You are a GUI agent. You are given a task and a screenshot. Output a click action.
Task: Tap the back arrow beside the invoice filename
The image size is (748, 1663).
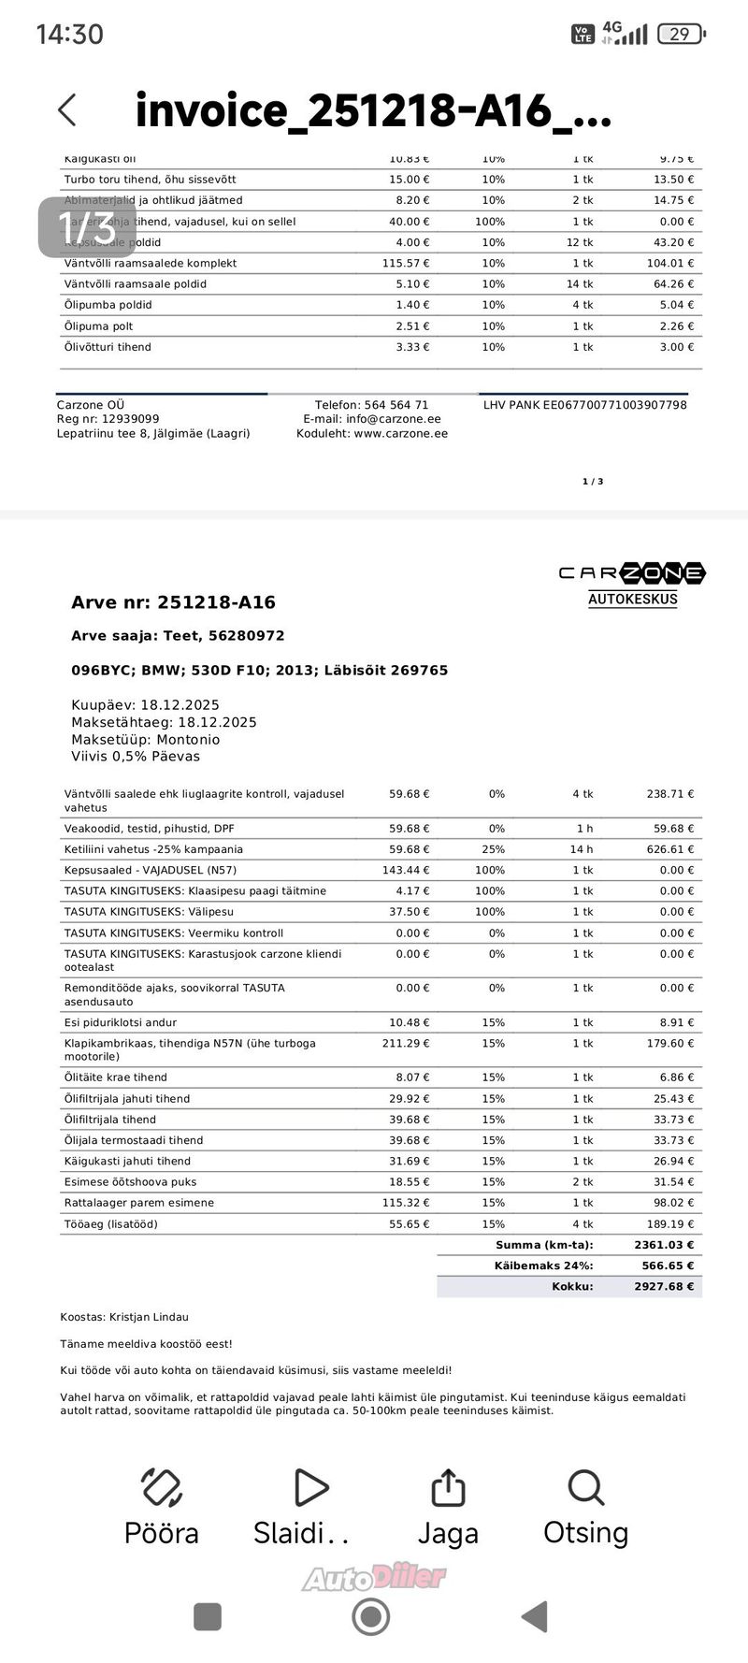(67, 110)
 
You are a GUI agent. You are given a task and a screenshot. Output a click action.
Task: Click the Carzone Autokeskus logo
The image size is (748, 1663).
(632, 583)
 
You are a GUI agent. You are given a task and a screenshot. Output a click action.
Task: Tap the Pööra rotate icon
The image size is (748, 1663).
(161, 1487)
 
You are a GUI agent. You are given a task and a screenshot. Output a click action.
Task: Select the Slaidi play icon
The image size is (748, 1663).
(309, 1487)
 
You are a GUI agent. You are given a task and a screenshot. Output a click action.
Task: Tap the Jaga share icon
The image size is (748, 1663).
(448, 1487)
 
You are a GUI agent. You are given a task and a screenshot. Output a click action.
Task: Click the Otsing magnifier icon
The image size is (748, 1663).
(586, 1487)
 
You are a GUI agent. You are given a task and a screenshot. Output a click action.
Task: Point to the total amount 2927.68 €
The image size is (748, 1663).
(664, 1287)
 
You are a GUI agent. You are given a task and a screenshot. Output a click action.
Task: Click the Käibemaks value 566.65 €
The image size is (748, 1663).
(664, 1265)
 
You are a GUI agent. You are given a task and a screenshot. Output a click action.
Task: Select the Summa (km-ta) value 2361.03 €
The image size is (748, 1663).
(664, 1245)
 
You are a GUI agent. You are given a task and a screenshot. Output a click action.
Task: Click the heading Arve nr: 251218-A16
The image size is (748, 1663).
(173, 602)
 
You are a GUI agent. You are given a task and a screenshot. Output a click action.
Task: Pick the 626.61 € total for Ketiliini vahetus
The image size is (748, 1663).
(669, 849)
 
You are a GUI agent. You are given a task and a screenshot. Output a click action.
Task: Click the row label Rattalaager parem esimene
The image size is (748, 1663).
(139, 1203)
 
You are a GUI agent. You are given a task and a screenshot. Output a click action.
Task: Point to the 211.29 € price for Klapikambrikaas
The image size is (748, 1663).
(409, 1043)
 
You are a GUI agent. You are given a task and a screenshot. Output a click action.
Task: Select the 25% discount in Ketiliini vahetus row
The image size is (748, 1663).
(496, 849)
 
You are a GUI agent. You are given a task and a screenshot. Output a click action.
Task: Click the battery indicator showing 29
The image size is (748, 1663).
(680, 35)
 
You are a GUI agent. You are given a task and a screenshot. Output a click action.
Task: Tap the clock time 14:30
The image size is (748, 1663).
(69, 35)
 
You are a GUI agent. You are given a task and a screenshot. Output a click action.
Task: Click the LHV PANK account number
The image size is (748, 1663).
(585, 405)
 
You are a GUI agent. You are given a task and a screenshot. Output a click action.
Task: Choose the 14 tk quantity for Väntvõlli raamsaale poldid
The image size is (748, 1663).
(580, 284)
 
